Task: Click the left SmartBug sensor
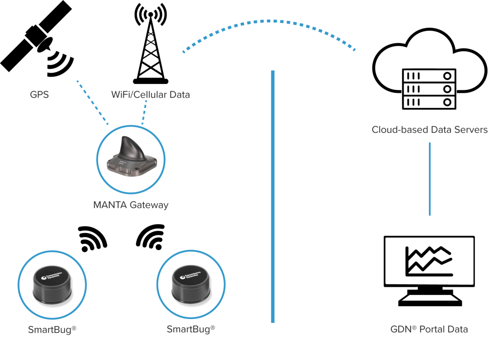coord(52,286)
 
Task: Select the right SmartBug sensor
coord(191,286)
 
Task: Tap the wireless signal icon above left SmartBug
coord(93,238)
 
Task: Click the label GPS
coord(40,95)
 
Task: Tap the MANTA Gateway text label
coord(131,205)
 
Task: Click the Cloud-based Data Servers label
coord(429,130)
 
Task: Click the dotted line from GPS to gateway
coord(92,102)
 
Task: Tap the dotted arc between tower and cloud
coord(268,21)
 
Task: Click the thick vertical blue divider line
coord(273,195)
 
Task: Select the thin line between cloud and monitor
coord(429,178)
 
